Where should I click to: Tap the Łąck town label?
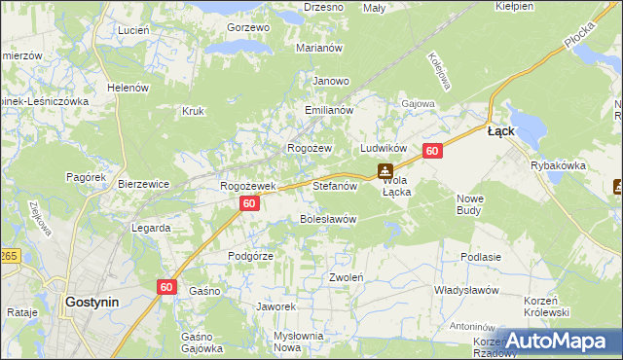(500, 131)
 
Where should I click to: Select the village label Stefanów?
(337, 184)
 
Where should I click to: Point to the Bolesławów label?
(328, 219)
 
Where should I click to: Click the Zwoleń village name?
(347, 276)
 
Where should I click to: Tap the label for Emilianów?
(328, 111)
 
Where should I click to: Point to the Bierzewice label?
(144, 183)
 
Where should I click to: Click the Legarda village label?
(152, 228)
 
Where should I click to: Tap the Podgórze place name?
(250, 255)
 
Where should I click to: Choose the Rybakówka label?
(558, 165)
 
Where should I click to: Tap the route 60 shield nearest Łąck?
(433, 151)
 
